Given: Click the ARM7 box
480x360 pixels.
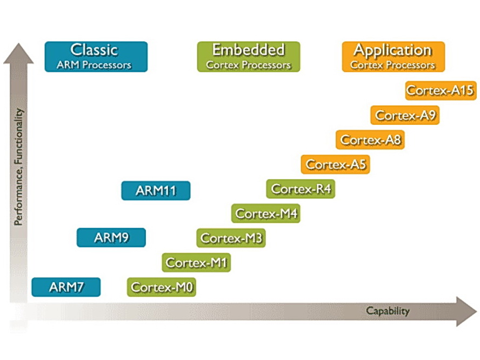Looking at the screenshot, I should tap(66, 287).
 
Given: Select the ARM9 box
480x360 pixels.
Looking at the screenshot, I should tap(111, 237).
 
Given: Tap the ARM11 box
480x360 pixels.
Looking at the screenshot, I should tap(156, 191).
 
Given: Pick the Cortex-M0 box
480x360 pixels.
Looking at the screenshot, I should tap(162, 287).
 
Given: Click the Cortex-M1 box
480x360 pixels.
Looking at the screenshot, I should tap(197, 263).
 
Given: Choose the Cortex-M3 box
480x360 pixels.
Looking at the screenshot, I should tap(231, 238).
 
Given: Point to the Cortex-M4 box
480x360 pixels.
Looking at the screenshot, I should tap(266, 214).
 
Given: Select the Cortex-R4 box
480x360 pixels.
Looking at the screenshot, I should tap(301, 189).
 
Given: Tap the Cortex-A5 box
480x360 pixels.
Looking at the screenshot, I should tap(336, 164).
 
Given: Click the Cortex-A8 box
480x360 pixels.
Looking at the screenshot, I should tap(370, 140).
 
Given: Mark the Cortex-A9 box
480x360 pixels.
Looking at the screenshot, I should tap(405, 115).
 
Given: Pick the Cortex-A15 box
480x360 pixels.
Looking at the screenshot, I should tap(440, 90).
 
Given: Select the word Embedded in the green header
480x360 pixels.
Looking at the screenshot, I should tap(248, 50).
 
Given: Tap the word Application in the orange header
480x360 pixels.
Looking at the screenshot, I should tap(392, 51).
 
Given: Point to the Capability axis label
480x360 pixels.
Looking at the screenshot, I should tap(388, 311).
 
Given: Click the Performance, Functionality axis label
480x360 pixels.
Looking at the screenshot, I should tap(18, 167).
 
